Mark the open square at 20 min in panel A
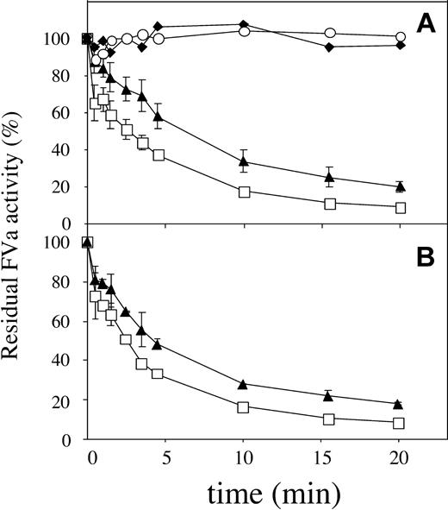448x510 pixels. point(400,207)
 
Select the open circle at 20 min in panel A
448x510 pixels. point(400,38)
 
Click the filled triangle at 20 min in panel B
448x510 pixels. point(398,404)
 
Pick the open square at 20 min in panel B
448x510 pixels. point(399,423)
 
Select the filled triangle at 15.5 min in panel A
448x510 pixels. point(329,177)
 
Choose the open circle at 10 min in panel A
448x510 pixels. point(244,31)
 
